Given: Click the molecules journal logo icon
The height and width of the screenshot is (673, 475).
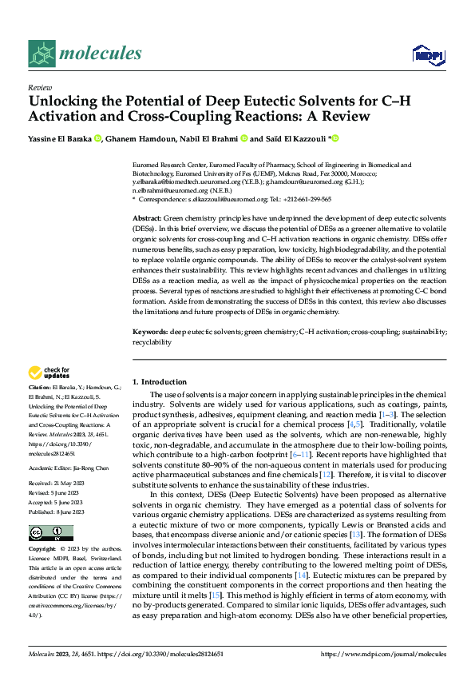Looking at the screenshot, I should coord(42,54).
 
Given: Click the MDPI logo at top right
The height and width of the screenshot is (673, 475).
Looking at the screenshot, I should coord(426,54).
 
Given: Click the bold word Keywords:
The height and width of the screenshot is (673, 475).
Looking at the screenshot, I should coord(149,330).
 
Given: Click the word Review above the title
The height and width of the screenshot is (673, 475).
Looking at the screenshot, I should coord(39,87).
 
